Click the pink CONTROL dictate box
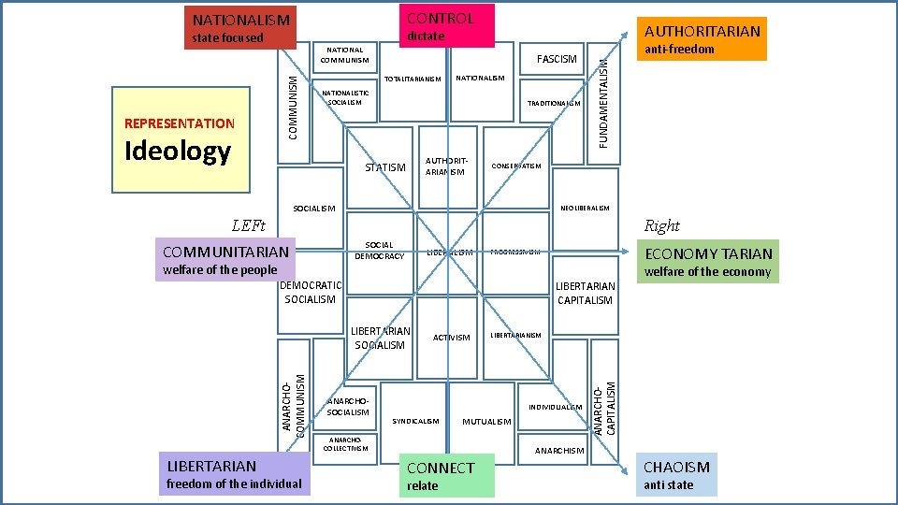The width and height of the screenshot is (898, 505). tap(446, 25)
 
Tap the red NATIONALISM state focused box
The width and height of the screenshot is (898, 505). tap(240, 28)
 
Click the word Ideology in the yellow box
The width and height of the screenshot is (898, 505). tap(178, 151)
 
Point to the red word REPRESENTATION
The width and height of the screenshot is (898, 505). tap(180, 123)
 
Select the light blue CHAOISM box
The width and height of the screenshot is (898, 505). tap(677, 475)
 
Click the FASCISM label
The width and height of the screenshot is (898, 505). tap(557, 59)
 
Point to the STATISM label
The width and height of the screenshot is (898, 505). tap(384, 168)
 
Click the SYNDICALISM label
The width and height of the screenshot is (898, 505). tap(415, 421)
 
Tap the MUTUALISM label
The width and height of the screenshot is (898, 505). tap(487, 422)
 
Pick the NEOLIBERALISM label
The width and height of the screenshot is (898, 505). tap(585, 208)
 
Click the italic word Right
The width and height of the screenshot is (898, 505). tap(661, 225)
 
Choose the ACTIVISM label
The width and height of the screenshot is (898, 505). tap(451, 338)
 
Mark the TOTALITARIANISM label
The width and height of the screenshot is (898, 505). tap(413, 79)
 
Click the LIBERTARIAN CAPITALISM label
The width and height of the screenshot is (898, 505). tap(585, 293)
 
